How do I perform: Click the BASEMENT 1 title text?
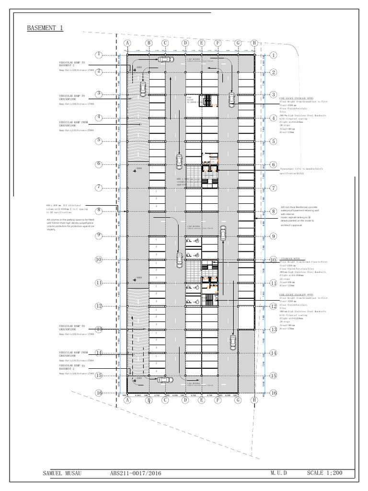(45, 28)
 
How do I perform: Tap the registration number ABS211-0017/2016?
(136, 473)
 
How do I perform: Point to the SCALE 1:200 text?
(324, 473)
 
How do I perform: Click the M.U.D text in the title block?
(278, 473)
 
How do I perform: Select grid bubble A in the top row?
(127, 43)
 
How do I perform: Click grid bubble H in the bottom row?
(254, 399)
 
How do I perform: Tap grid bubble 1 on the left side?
(98, 55)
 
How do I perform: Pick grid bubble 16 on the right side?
(273, 393)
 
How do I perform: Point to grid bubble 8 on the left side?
(98, 210)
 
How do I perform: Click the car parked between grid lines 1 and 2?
(165, 59)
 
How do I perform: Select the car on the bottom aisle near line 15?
(164, 379)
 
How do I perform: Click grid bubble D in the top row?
(185, 43)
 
